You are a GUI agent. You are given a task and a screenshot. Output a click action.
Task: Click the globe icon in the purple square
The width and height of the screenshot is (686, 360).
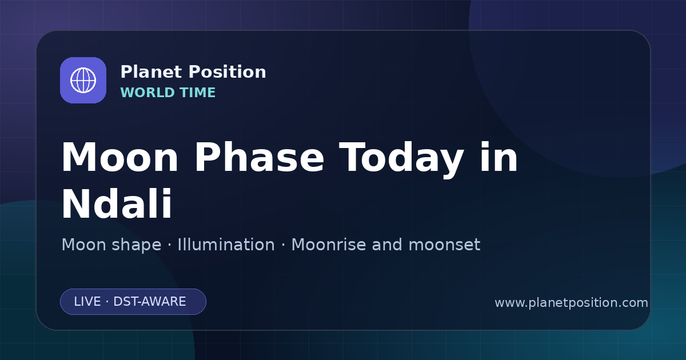(83, 80)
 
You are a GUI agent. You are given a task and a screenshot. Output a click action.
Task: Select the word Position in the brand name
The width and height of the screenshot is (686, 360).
(228, 72)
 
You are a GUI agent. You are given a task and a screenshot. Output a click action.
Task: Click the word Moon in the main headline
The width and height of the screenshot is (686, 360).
(119, 158)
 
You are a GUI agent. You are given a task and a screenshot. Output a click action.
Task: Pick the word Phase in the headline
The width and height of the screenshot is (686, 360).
(259, 157)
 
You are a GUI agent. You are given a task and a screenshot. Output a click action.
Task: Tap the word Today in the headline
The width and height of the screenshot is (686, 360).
(401, 159)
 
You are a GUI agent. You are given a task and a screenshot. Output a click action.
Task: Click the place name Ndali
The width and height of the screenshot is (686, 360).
(117, 203)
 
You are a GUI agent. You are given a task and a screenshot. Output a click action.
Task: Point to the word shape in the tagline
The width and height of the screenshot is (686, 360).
(136, 246)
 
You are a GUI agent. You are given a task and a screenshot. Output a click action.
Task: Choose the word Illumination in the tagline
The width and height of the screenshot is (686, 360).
(226, 245)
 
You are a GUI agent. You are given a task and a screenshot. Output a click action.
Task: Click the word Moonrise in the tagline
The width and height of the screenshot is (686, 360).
(329, 245)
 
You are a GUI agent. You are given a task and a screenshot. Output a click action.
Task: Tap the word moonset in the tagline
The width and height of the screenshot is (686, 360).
(444, 245)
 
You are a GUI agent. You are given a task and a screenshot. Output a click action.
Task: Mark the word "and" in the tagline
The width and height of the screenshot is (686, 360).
(387, 245)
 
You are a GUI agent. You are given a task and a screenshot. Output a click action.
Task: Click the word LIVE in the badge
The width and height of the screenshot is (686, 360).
(87, 302)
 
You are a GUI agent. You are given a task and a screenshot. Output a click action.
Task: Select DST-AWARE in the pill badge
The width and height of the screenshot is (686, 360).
(149, 302)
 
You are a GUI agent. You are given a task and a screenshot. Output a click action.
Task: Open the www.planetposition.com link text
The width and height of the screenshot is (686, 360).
(572, 303)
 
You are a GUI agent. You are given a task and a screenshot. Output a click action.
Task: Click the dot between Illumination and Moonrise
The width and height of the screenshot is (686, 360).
(284, 245)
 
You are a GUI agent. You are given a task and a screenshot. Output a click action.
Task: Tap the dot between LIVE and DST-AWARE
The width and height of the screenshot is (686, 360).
(107, 302)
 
